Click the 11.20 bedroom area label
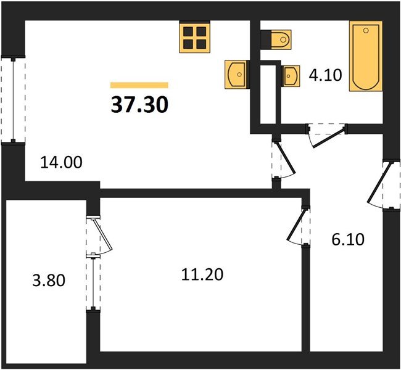[x=200, y=273]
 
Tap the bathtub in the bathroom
[x=366, y=56]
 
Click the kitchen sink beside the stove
[x=236, y=75]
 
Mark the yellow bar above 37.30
[x=139, y=85]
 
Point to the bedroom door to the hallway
[x=300, y=226]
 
